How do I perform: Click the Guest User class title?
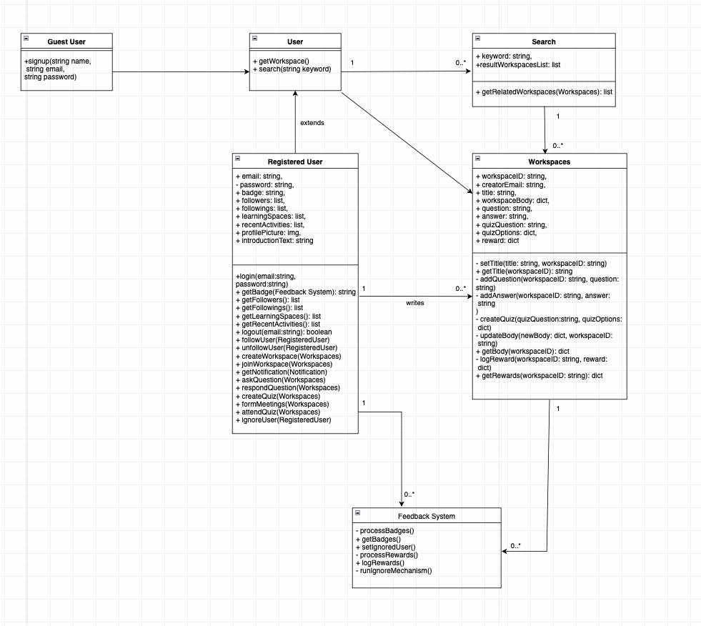click(66, 41)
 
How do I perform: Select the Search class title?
click(543, 41)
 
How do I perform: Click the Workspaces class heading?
click(549, 162)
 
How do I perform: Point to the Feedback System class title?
click(426, 516)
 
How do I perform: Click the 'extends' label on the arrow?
click(312, 123)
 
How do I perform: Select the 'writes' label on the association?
click(414, 302)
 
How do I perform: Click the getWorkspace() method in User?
click(281, 61)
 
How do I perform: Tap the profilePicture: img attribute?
click(268, 232)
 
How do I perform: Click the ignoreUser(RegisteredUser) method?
click(283, 420)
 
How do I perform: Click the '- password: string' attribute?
click(264, 184)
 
